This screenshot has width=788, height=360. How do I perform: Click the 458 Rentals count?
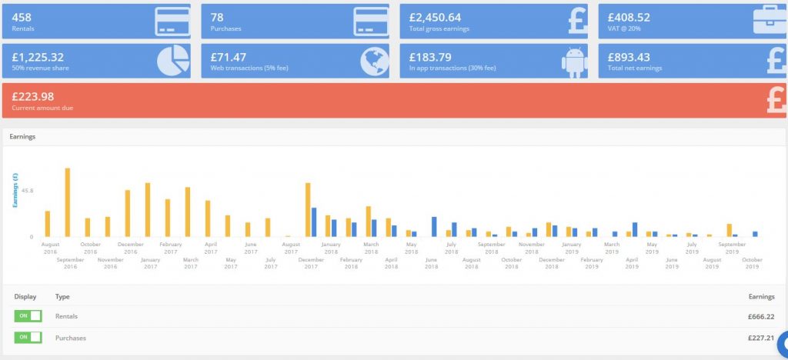pyautogui.click(x=22, y=18)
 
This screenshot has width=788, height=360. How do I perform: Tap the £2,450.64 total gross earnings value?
pyautogui.click(x=435, y=18)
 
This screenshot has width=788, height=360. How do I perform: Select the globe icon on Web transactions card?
pyautogui.click(x=375, y=62)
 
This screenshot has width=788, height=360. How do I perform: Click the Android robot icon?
pyautogui.click(x=574, y=62)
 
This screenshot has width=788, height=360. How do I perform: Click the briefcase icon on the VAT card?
pyautogui.click(x=770, y=21)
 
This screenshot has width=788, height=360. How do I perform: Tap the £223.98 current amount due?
pyautogui.click(x=32, y=96)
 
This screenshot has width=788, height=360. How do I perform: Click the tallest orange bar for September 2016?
pyautogui.click(x=68, y=202)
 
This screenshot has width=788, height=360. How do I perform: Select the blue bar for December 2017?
pyautogui.click(x=314, y=222)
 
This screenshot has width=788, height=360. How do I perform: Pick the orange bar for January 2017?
pyautogui.click(x=148, y=210)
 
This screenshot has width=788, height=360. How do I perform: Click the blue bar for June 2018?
pyautogui.click(x=434, y=227)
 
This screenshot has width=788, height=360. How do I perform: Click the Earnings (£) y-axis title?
pyautogui.click(x=15, y=190)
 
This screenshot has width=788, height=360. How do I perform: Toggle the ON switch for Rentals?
pyautogui.click(x=28, y=316)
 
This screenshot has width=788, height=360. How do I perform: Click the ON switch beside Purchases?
pyautogui.click(x=28, y=338)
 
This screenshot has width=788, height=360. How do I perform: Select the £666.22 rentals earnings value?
pyautogui.click(x=761, y=317)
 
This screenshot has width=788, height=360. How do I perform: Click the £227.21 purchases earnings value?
pyautogui.click(x=761, y=338)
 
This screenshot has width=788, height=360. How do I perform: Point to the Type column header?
pyautogui.click(x=62, y=297)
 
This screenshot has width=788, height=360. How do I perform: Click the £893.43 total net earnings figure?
pyautogui.click(x=629, y=57)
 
